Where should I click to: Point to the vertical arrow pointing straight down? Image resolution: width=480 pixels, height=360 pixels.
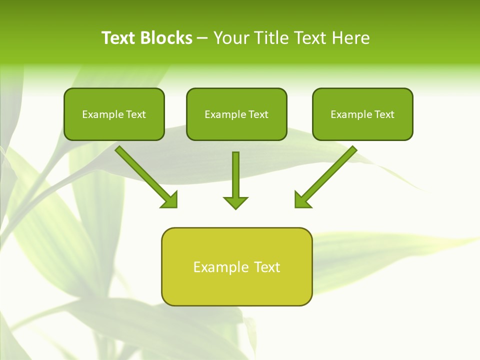235,175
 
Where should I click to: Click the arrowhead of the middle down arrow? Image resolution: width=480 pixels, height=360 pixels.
235,202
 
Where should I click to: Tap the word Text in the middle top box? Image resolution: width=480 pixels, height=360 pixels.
258,114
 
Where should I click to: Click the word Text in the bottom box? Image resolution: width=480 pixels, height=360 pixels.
267,267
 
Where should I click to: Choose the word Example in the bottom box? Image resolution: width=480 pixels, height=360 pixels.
221,267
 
